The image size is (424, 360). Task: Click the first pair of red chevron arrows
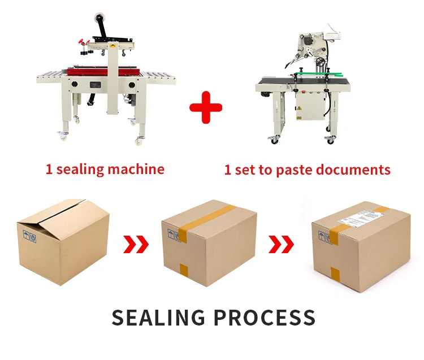tap(136, 244)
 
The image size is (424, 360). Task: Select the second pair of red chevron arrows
tap(281, 244)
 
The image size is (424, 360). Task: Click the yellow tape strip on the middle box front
tap(184, 270)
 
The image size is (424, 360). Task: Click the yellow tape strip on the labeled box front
tap(335, 275)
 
